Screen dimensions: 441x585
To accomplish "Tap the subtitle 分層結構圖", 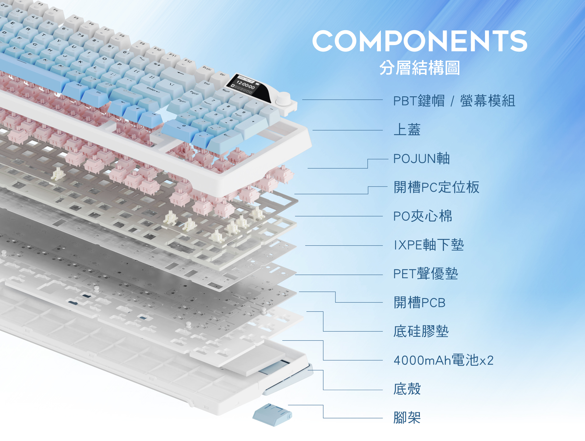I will coord(420,68).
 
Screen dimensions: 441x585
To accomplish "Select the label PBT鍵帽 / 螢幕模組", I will coord(454,101).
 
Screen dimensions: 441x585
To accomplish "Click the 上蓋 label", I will coord(407,130).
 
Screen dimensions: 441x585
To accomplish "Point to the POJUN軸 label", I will coord(421,158).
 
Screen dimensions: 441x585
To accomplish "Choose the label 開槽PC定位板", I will coord(436,187).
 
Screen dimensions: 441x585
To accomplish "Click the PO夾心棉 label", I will coord(423,216).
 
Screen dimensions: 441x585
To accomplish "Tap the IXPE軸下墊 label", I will coord(429,245).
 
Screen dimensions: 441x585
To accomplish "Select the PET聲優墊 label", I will coord(425,274).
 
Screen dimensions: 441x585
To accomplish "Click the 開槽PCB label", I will coord(419,303).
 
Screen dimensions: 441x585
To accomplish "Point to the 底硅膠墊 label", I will coord(421,331).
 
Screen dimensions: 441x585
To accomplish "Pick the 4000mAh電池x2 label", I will coord(443,360).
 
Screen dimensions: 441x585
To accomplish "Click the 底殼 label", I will coord(407,389).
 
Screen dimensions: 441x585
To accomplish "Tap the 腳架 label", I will coord(407,418).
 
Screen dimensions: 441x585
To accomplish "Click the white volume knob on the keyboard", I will coord(283,99).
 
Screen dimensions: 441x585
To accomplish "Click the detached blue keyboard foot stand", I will coord(272,414).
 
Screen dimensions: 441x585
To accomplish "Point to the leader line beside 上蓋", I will coord(347,130).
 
